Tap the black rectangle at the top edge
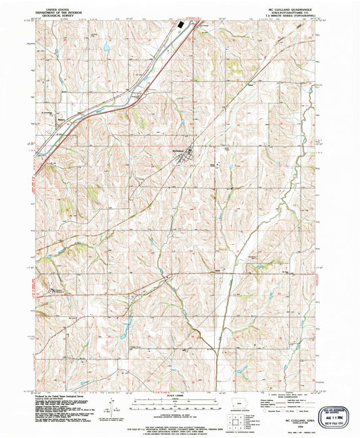tap(180, 25)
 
